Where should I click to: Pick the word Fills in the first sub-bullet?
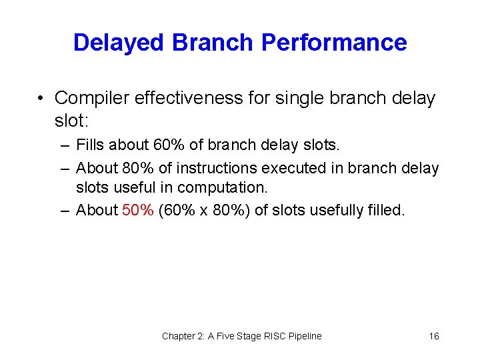point(89,145)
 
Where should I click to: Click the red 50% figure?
point(138,210)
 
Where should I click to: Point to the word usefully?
point(338,210)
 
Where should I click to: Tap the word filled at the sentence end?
point(386,210)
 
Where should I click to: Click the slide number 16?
point(434,336)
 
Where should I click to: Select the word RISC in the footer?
point(273,336)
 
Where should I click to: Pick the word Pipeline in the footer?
point(304,336)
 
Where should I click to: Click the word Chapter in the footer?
point(179,336)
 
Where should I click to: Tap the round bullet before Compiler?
point(41,99)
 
